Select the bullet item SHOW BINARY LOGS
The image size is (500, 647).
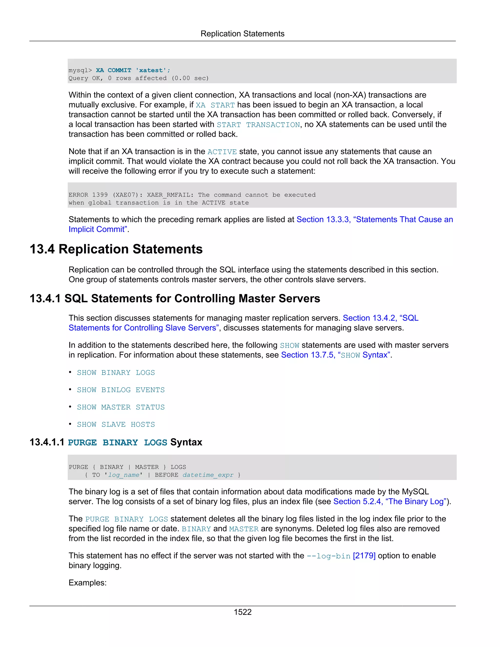click(x=116, y=372)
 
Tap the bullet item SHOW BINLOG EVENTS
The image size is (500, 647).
click(x=121, y=390)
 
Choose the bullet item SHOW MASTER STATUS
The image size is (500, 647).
click(x=121, y=407)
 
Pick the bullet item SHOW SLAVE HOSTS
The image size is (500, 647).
click(x=116, y=424)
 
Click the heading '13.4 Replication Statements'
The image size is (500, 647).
click(x=116, y=249)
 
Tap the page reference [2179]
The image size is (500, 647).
click(x=364, y=555)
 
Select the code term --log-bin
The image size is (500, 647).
click(x=329, y=556)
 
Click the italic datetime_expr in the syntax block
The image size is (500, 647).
click(x=208, y=475)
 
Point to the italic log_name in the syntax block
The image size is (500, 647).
click(x=124, y=475)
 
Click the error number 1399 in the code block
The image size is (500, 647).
click(x=100, y=195)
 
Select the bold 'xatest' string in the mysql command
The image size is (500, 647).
click(x=151, y=70)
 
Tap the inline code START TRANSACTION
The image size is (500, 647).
click(x=258, y=125)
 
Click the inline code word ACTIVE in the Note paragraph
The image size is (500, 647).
click(x=222, y=152)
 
